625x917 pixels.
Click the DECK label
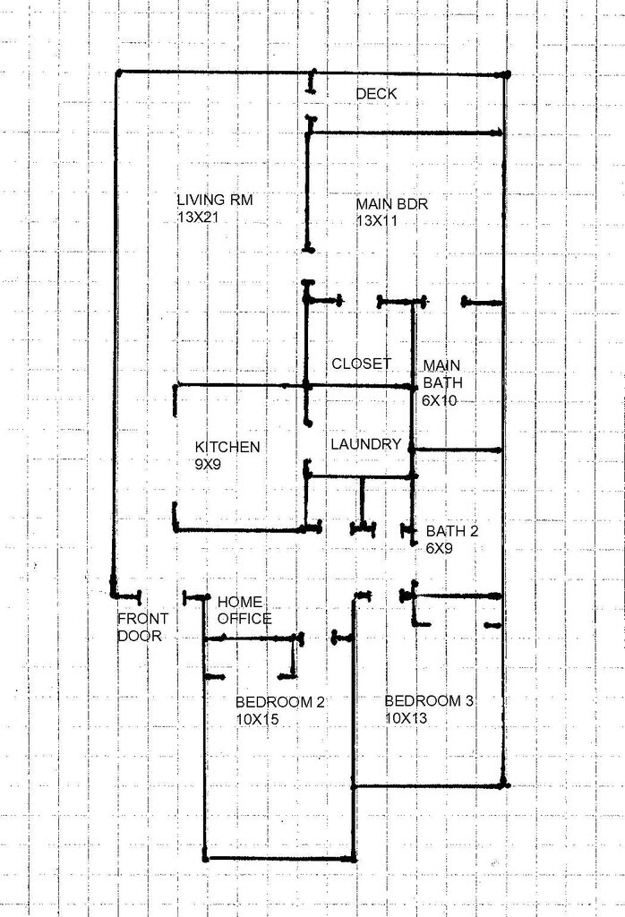(x=376, y=94)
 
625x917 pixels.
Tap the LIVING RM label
(x=215, y=201)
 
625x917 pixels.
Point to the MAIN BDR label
(x=391, y=204)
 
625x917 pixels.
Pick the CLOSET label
(x=362, y=364)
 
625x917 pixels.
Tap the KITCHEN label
(x=228, y=447)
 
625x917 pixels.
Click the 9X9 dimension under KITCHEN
(x=210, y=464)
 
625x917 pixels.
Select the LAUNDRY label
(x=365, y=444)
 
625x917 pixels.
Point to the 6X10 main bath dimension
(x=440, y=400)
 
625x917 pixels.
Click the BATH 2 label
(x=451, y=531)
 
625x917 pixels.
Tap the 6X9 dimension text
(x=439, y=547)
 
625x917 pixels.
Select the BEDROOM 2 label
(x=279, y=701)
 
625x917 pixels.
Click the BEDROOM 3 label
(x=429, y=700)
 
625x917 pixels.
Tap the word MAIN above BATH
(x=441, y=365)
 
